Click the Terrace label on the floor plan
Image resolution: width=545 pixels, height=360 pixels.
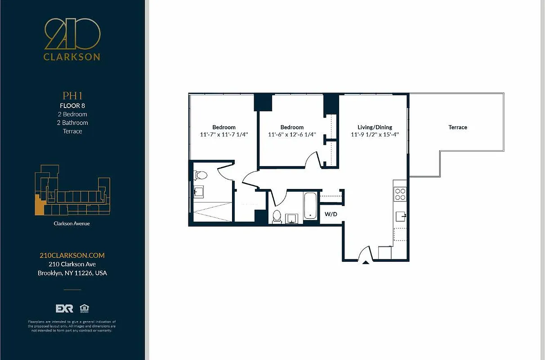[457, 127]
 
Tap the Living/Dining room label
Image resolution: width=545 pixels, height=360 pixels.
[375, 127]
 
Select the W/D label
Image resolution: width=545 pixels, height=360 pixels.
[331, 214]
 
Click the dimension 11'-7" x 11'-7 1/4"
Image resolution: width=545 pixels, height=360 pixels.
[224, 135]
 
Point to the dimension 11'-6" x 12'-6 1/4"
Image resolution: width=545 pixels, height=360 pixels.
[292, 135]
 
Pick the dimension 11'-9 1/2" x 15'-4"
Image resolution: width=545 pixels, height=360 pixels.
[375, 135]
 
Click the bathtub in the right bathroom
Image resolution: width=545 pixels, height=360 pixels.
[310, 206]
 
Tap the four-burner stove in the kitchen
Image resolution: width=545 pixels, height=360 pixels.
[400, 194]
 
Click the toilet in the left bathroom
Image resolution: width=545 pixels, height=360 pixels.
[200, 175]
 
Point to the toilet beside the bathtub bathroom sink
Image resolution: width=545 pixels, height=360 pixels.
[277, 216]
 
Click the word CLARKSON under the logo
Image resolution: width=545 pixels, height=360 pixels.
[72, 57]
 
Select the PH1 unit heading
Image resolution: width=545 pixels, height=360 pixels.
[72, 95]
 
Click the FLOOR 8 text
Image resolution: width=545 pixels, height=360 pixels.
[72, 106]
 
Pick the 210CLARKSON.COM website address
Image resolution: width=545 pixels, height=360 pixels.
[72, 255]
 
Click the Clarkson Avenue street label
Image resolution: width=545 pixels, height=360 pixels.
[72, 223]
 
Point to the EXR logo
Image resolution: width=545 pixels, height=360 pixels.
[64, 308]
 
